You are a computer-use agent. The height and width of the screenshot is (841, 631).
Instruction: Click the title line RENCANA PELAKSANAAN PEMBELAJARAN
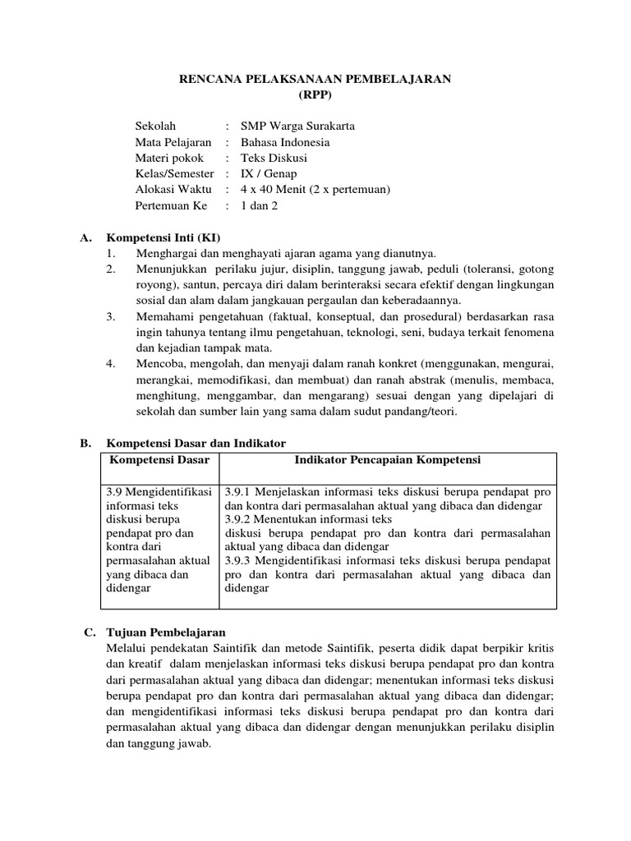tap(315, 79)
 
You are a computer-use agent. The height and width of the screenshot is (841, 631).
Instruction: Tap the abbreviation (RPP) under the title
tap(315, 94)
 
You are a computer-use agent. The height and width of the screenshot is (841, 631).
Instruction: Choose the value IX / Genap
tap(269, 174)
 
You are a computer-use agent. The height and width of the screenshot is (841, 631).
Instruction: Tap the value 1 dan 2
tap(259, 205)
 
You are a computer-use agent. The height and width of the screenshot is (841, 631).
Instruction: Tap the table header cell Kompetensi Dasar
tap(159, 460)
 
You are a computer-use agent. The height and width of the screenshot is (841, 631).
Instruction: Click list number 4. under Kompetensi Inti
tap(111, 364)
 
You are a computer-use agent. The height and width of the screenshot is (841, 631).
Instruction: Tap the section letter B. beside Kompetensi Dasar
tap(85, 443)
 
